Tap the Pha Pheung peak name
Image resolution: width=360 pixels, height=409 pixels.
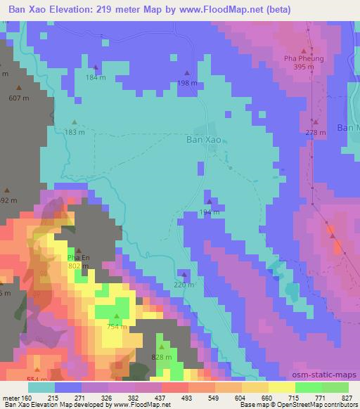304,58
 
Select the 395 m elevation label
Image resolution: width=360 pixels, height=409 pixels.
304,67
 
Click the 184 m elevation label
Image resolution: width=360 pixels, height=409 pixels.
96,77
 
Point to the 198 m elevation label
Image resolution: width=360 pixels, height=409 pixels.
187,83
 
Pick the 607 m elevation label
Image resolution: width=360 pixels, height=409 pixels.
19,98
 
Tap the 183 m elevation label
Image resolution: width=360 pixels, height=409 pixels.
75,131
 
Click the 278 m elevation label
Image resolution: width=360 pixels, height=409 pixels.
316,132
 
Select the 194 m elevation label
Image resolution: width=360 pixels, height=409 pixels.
209,212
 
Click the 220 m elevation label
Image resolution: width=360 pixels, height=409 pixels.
184,285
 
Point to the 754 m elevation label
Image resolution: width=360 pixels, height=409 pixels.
117,326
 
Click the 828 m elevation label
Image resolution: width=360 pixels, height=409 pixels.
161,357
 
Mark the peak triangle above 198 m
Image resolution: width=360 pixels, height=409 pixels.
187,73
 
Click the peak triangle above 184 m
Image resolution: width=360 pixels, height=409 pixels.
96,67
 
